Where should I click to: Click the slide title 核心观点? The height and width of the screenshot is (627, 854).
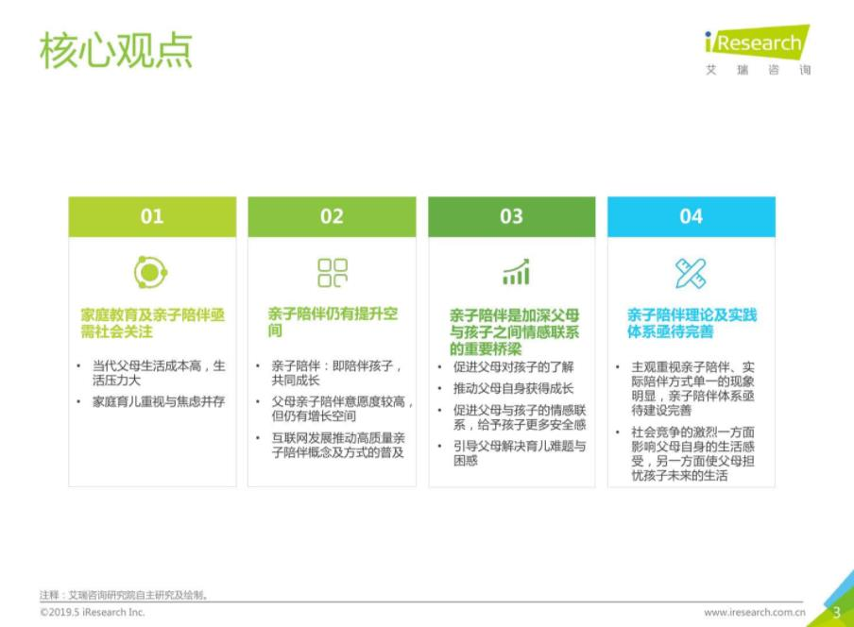click(116, 50)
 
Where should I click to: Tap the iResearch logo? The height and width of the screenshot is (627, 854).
click(758, 49)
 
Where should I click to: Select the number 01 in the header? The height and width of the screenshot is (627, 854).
click(152, 216)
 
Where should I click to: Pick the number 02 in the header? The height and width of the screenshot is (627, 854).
click(332, 216)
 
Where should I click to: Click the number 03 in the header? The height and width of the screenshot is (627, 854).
click(511, 216)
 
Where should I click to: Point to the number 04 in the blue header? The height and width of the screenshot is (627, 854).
click(692, 216)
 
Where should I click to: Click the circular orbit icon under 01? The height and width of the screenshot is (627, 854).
click(151, 272)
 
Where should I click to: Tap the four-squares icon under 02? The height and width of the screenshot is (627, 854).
click(333, 273)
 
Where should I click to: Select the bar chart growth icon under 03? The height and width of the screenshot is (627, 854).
click(516, 272)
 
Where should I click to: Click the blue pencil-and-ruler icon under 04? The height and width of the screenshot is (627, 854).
click(691, 273)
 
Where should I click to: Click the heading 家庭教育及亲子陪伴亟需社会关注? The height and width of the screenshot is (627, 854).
click(152, 323)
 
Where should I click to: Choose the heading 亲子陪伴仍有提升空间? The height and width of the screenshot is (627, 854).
click(333, 322)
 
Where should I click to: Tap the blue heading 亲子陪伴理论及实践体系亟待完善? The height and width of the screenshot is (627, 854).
click(692, 323)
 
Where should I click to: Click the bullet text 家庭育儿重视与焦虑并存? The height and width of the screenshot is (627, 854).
click(159, 401)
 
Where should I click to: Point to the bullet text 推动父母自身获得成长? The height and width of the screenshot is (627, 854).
click(514, 389)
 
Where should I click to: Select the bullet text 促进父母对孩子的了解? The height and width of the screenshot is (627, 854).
click(514, 366)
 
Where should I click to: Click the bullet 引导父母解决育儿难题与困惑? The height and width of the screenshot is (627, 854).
click(520, 453)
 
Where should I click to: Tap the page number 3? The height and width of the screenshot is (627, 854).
click(837, 613)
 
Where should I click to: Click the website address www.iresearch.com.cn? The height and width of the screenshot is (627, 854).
click(754, 612)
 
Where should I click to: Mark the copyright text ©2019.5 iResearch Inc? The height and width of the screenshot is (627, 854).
click(92, 612)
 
